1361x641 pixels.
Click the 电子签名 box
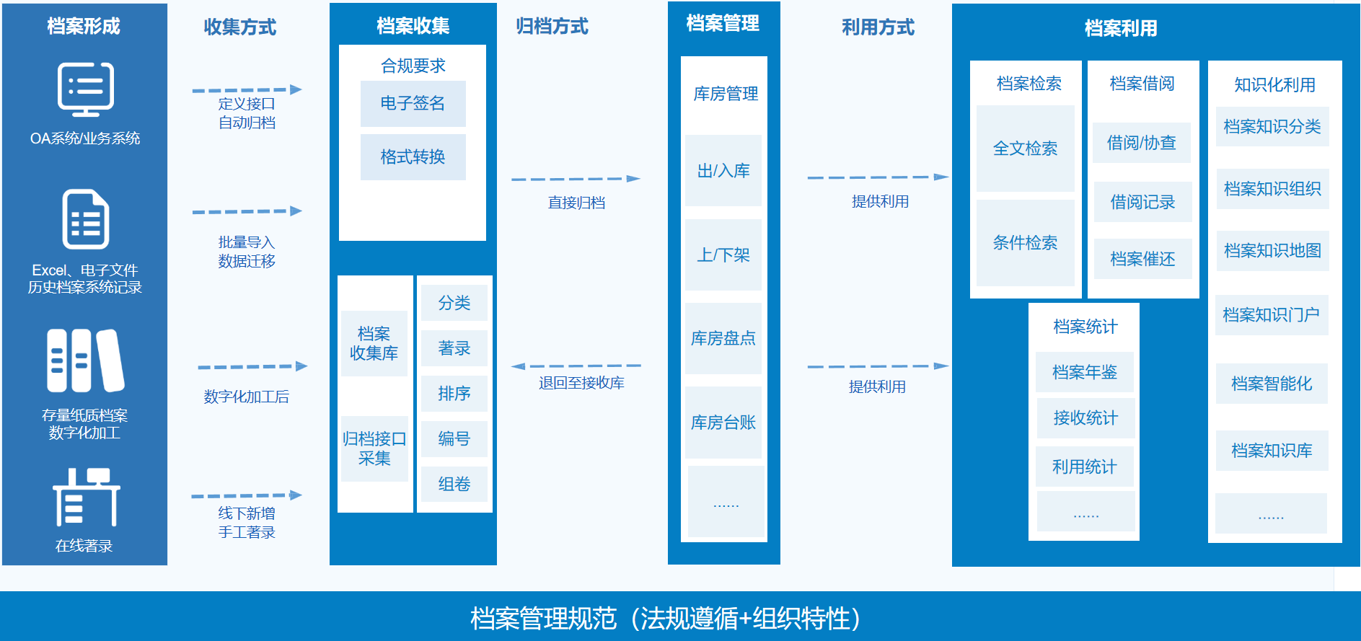(413, 104)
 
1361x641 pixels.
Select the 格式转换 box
(413, 157)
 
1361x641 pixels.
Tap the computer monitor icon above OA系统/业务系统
(85, 89)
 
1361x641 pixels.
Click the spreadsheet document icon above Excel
(85, 219)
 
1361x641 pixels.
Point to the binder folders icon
(85, 361)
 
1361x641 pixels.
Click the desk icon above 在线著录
(86, 498)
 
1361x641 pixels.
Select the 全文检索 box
(1025, 149)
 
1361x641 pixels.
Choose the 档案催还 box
(1142, 259)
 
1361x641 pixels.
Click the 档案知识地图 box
(1272, 251)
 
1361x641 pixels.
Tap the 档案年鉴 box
(1085, 372)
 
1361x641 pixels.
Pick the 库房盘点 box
(723, 338)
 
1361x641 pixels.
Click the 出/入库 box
(723, 170)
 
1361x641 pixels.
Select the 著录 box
(454, 348)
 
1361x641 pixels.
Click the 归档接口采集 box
(374, 448)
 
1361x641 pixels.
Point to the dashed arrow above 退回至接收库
(576, 366)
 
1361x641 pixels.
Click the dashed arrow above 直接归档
(576, 179)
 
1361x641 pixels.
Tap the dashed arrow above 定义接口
(247, 90)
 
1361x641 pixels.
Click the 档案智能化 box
(1272, 384)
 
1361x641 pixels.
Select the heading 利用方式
(878, 27)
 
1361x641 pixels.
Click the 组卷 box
(454, 484)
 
